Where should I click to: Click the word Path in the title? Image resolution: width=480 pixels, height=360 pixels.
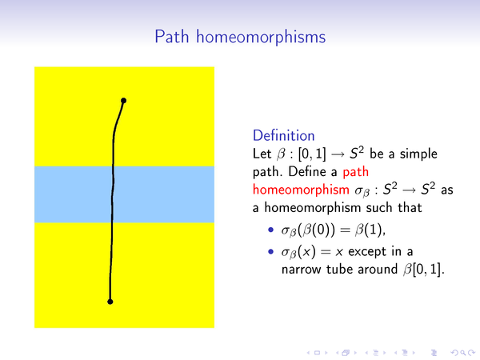click(x=172, y=37)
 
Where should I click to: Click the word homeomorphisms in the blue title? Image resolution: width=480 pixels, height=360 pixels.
click(x=261, y=38)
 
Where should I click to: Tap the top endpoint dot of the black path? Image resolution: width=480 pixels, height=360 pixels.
click(x=123, y=101)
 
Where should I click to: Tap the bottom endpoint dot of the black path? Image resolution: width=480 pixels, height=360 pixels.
click(x=110, y=302)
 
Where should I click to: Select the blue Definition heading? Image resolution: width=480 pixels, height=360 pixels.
click(x=283, y=135)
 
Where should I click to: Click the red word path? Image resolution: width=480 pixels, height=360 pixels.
click(x=356, y=172)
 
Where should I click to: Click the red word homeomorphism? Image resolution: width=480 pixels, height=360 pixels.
click(x=301, y=190)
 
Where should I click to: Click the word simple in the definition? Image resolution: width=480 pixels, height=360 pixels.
click(x=418, y=154)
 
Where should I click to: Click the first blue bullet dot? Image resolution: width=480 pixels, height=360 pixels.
click(x=270, y=230)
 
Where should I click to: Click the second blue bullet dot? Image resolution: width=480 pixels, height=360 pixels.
click(x=270, y=252)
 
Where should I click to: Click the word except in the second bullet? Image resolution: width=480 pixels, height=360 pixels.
click(x=367, y=252)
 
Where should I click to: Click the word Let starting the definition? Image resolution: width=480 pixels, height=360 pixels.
click(x=262, y=154)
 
